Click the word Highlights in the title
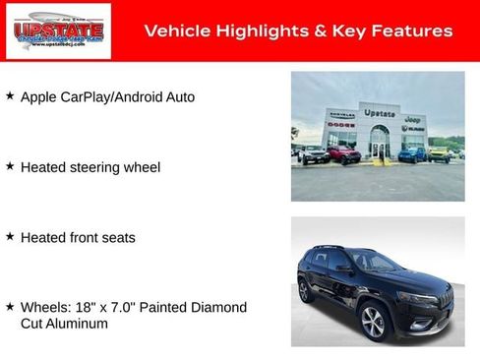248,30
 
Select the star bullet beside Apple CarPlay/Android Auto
10,96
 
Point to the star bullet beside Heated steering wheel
10,167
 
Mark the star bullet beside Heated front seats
10,237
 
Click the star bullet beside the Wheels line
10,307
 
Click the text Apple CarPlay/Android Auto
107,97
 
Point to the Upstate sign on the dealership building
380,112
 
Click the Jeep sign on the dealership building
413,119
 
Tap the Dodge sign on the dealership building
341,125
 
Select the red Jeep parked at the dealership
344,154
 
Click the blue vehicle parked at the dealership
412,153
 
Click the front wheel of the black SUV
373,322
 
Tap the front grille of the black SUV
445,297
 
